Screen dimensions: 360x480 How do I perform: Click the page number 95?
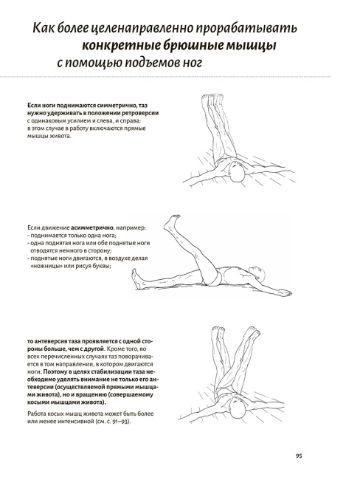click(x=299, y=456)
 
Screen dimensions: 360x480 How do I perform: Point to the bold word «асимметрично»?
click(x=92, y=228)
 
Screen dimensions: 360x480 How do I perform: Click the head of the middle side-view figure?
click(x=257, y=272)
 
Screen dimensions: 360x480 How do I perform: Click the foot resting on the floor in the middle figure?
click(x=136, y=279)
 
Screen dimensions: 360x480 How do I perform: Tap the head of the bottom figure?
click(x=238, y=409)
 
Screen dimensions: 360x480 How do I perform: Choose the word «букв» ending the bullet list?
click(x=102, y=266)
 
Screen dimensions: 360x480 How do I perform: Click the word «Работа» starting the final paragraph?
click(x=36, y=414)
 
